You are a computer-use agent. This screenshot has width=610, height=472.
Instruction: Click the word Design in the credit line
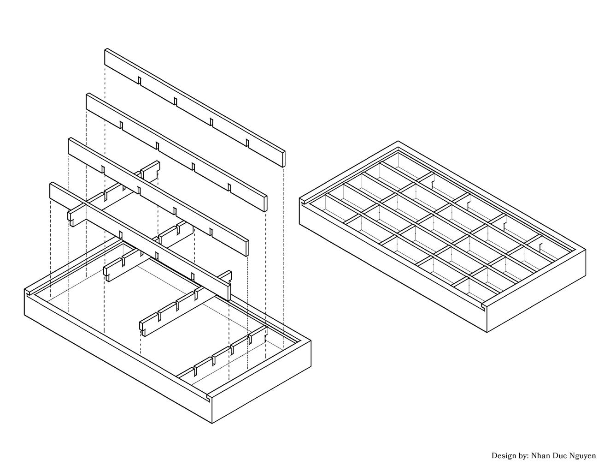coord(504,456)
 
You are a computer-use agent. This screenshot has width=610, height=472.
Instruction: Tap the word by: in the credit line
coord(524,456)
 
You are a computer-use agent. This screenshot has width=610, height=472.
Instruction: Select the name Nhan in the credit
coord(541,455)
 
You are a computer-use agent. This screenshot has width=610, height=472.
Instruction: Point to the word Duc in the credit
coord(559,455)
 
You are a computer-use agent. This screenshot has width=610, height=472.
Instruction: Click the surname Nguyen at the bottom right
coord(582,456)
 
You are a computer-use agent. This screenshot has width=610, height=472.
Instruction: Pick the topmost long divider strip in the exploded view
coord(195,108)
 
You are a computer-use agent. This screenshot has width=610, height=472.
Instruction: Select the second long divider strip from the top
coord(176,152)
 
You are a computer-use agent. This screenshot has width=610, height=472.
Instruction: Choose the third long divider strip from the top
coord(158,197)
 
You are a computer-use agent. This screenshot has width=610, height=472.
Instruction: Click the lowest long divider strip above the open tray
coord(141,242)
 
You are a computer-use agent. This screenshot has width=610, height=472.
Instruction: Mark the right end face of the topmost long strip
coord(284,159)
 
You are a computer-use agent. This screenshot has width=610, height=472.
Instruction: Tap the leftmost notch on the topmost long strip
coord(139,80)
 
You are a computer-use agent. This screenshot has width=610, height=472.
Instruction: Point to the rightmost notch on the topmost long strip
coord(247,143)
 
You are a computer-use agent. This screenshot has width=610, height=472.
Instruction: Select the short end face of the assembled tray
coord(536,291)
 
